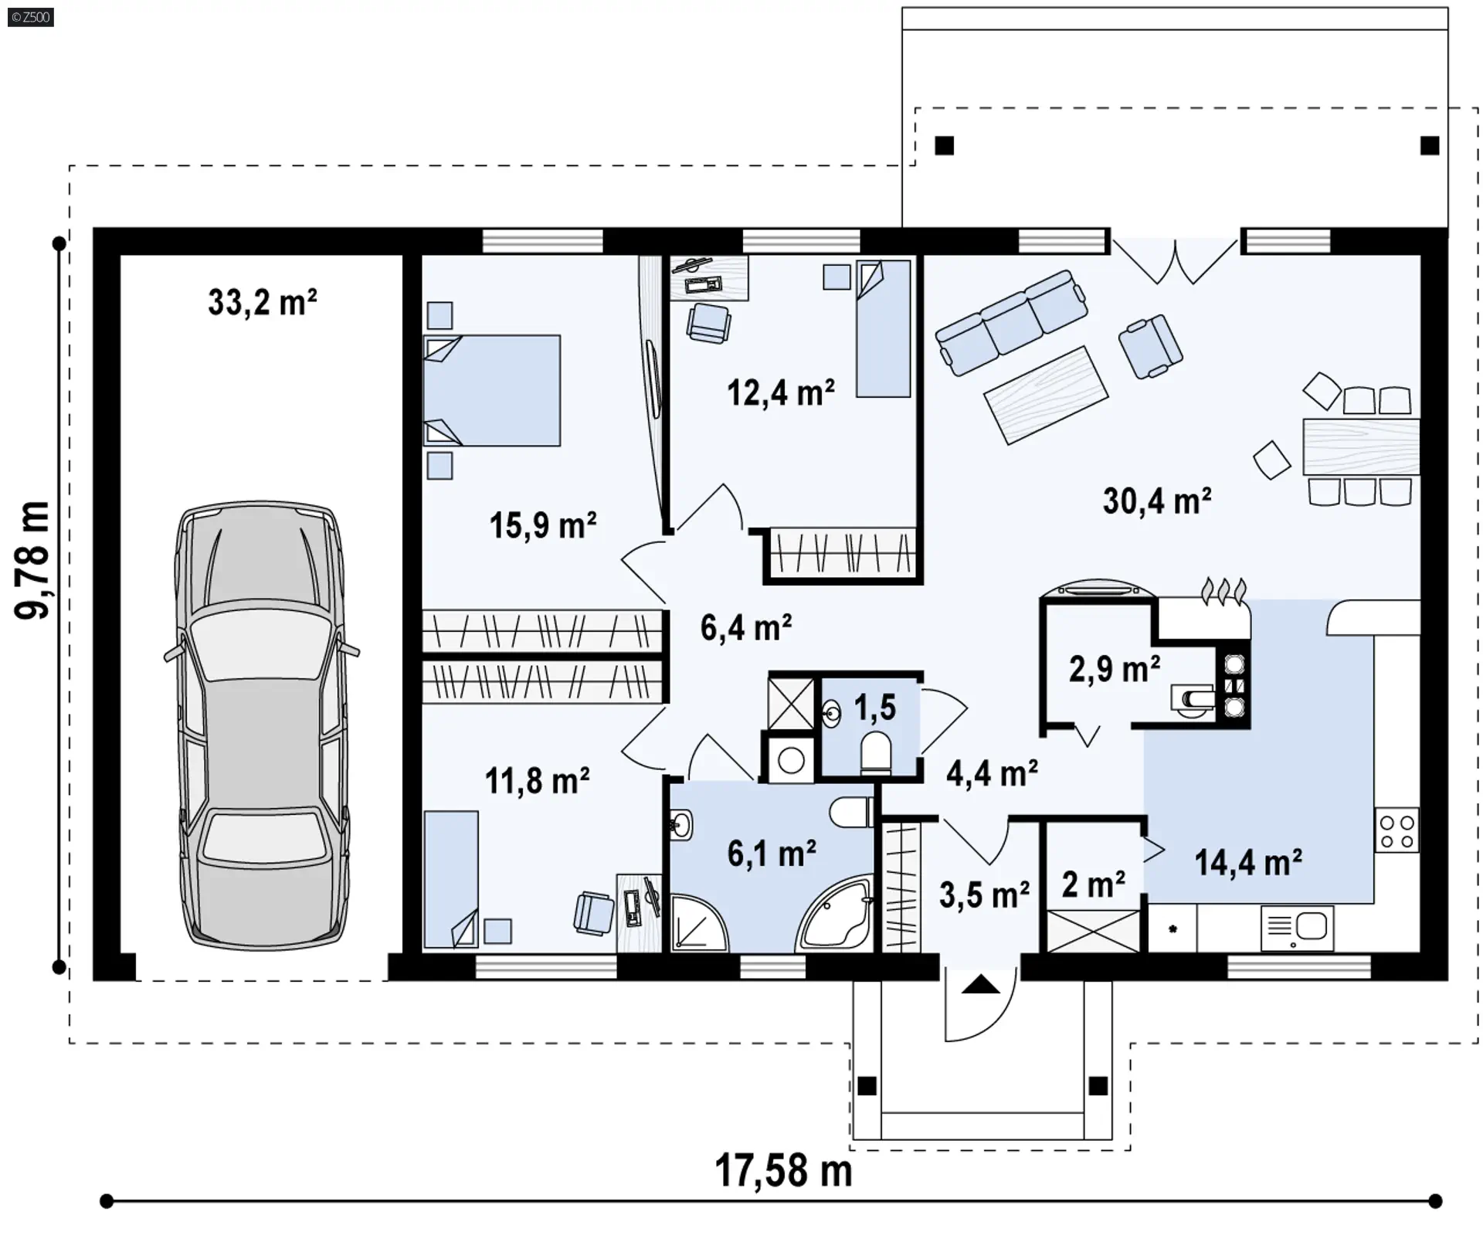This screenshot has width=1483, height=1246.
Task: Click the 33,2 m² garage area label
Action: click(x=262, y=302)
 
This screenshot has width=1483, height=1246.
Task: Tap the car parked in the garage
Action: click(x=262, y=725)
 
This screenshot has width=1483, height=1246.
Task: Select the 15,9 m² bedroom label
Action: click(x=543, y=526)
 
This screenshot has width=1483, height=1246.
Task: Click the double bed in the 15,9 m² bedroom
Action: click(x=492, y=390)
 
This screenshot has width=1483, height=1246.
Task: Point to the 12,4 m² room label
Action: click(x=781, y=393)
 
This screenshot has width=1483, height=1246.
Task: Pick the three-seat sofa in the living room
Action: click(x=1012, y=322)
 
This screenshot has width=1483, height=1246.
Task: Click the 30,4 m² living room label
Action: click(x=1157, y=501)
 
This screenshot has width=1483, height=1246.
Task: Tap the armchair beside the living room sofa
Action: click(x=1150, y=347)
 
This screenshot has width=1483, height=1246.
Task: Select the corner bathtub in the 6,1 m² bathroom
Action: click(x=835, y=914)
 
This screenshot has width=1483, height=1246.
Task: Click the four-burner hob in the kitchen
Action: click(x=1397, y=830)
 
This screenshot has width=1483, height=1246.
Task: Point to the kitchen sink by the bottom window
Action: click(x=1297, y=928)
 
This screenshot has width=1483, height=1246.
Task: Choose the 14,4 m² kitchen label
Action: click(x=1249, y=863)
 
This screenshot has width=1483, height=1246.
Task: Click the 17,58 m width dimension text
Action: click(x=783, y=1171)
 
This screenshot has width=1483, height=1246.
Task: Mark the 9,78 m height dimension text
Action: click(x=33, y=560)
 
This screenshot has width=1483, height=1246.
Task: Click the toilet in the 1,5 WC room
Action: click(x=876, y=753)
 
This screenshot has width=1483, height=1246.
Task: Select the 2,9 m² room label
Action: click(x=1115, y=669)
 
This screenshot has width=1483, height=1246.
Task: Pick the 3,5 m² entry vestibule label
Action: click(x=985, y=895)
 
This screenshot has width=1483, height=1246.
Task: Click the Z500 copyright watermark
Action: click(x=31, y=17)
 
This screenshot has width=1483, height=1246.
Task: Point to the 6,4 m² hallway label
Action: click(x=746, y=628)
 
